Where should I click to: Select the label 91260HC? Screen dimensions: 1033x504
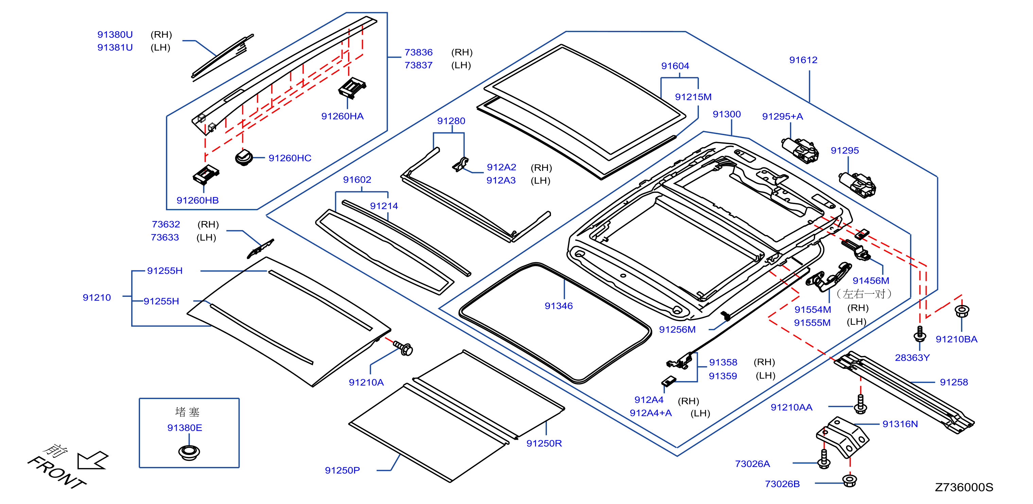(x=290, y=158)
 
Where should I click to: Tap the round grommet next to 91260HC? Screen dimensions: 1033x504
(x=243, y=158)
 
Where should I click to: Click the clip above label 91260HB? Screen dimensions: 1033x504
(x=206, y=175)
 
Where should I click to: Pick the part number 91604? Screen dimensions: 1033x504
(x=675, y=66)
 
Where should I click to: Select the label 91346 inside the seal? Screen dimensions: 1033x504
(x=558, y=306)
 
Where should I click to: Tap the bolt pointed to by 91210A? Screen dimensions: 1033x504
(x=403, y=348)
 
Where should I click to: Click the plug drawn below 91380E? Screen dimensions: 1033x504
(x=189, y=452)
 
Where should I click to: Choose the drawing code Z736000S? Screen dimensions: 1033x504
(x=964, y=488)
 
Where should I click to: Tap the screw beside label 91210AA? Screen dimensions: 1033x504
(x=860, y=404)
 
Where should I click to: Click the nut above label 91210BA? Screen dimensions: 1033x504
(x=962, y=311)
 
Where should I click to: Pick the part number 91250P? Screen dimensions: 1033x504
(x=342, y=471)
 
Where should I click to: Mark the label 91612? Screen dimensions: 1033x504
(x=803, y=60)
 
